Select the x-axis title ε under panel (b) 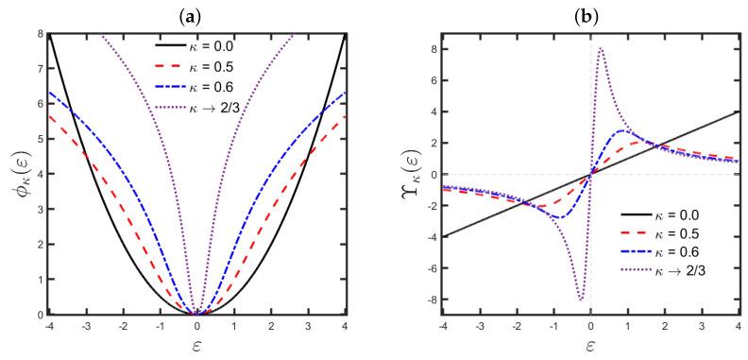point(589,346)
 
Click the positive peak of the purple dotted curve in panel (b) point(601,48)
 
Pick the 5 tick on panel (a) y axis point(38,139)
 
